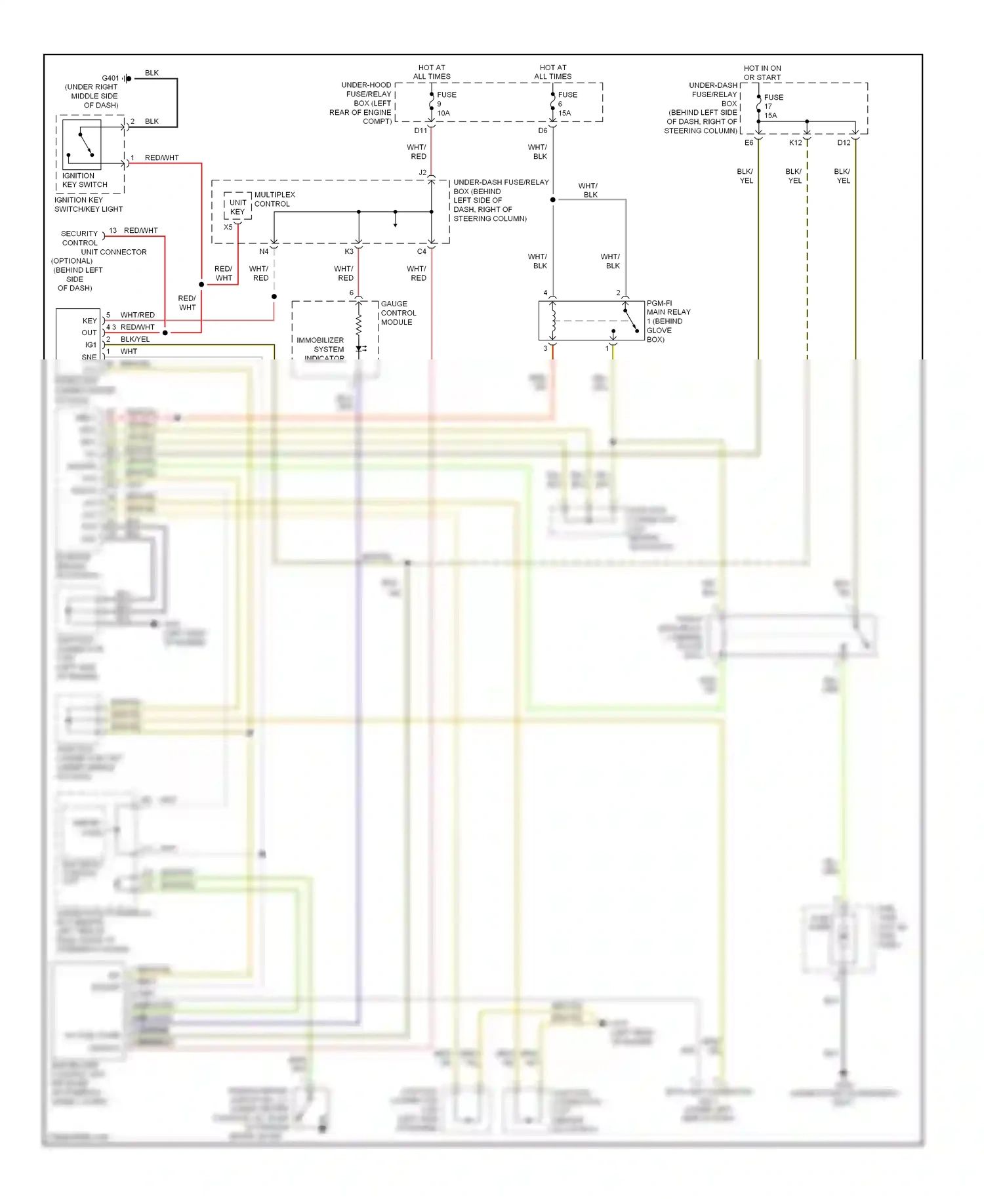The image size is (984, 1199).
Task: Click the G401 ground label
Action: click(x=110, y=78)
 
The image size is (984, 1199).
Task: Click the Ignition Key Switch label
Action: click(x=84, y=180)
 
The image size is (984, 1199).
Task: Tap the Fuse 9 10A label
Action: click(x=445, y=104)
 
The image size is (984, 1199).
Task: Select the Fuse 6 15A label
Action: click(x=567, y=104)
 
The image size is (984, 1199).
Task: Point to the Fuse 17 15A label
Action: click(x=773, y=106)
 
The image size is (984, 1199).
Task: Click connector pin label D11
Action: click(x=420, y=131)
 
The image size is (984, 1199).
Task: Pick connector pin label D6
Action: click(x=543, y=131)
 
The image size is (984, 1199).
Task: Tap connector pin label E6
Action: click(x=748, y=143)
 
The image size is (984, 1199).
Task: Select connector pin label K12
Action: click(x=795, y=143)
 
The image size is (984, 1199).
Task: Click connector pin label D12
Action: click(x=844, y=143)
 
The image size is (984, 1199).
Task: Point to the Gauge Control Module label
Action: click(x=398, y=313)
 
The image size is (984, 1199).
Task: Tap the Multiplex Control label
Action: click(x=274, y=199)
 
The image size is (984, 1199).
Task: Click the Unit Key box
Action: click(x=237, y=207)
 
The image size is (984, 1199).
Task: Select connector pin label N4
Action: click(x=264, y=251)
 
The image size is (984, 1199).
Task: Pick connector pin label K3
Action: click(x=349, y=251)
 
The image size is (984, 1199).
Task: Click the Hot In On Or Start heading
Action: click(x=762, y=73)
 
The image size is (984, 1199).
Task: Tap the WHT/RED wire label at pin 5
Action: click(x=138, y=315)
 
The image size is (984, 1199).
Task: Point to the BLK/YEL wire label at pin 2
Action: click(x=135, y=339)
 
